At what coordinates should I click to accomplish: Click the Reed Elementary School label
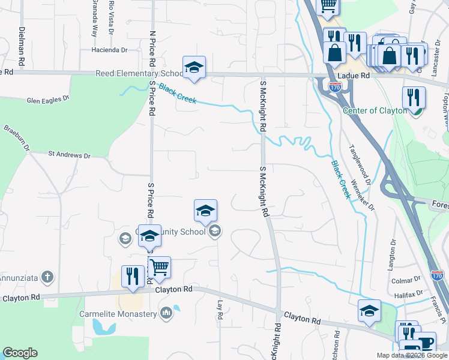[139, 73]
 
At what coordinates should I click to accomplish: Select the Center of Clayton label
[375, 110]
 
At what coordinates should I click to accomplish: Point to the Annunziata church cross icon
[47, 277]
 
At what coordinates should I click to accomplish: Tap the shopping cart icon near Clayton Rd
[159, 268]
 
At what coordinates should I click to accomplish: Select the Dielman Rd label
[22, 46]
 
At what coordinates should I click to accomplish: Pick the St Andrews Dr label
[69, 155]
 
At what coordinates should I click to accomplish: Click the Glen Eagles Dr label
[47, 100]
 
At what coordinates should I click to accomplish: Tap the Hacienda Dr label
[110, 49]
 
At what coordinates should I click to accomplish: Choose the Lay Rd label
[220, 310]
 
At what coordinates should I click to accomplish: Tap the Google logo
[20, 353]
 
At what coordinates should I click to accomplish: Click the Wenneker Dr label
[363, 195]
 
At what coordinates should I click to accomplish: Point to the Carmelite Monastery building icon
[166, 313]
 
